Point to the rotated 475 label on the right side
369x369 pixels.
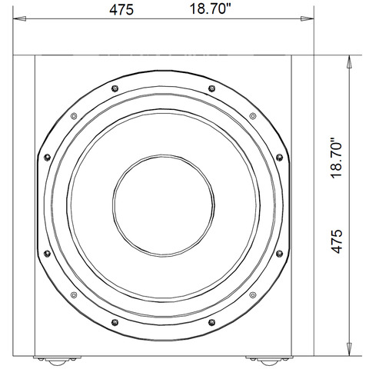(x=336, y=241)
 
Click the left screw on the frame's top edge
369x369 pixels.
(x=114, y=89)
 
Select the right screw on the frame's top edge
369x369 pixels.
(x=210, y=89)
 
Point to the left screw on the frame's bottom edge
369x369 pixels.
(x=114, y=321)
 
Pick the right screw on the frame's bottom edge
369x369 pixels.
(x=210, y=321)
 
